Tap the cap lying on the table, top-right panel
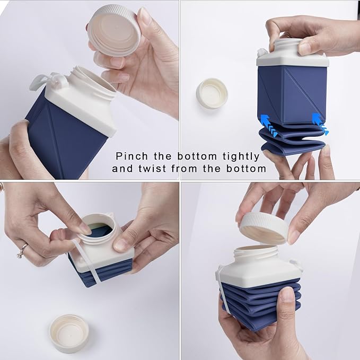pos(212,93)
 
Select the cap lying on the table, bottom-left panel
pos(69,332)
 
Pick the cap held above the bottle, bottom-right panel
pos(264,227)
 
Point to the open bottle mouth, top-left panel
pos(93,80)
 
